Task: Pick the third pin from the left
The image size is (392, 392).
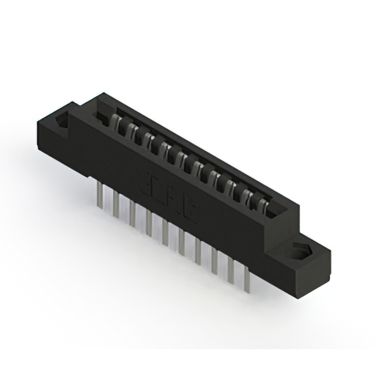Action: click(x=132, y=211)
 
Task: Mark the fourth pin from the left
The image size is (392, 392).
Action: click(x=148, y=221)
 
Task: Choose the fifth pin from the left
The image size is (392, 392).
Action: click(x=165, y=230)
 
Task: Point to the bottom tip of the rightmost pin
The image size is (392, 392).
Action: click(x=247, y=292)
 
